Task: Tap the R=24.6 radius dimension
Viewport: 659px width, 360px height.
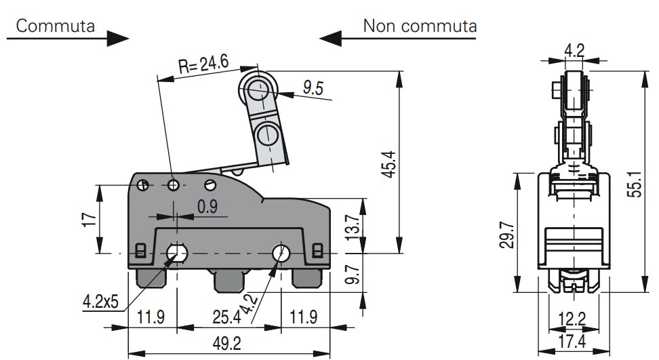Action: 203,64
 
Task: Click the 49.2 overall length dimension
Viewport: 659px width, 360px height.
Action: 227,344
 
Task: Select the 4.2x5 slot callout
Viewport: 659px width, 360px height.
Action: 101,301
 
